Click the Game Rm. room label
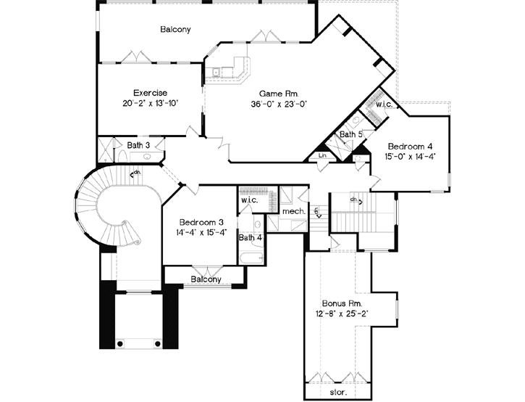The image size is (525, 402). tap(280, 94)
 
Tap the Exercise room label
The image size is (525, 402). tap(150, 93)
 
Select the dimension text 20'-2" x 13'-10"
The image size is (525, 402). tap(150, 104)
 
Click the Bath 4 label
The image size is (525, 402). tap(250, 237)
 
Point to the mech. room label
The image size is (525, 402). tap(293, 211)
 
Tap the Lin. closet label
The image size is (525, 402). tap(322, 156)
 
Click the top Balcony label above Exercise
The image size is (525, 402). tap(175, 30)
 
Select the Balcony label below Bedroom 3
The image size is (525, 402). tap(206, 279)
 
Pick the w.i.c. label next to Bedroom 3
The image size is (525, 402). tap(248, 200)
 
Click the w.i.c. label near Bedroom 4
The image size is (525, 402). tap(383, 105)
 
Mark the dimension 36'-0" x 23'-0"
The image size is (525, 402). tap(280, 104)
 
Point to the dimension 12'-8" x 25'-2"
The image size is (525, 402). tap(342, 313)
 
